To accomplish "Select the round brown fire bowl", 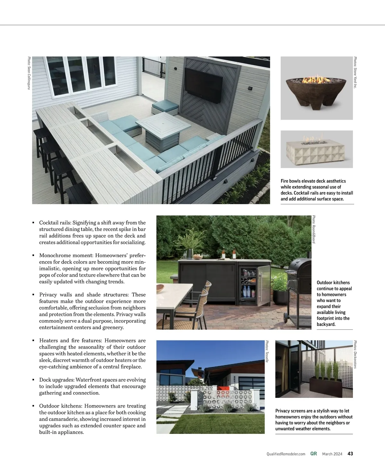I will point(317,90).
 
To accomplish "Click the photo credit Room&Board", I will point(314,229).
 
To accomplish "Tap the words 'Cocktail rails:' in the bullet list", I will point(55,223).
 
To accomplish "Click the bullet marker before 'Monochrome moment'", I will point(33,255).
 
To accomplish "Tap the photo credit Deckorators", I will point(355,354).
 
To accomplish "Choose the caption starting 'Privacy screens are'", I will point(314,420).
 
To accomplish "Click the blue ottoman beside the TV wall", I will point(165,107).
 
